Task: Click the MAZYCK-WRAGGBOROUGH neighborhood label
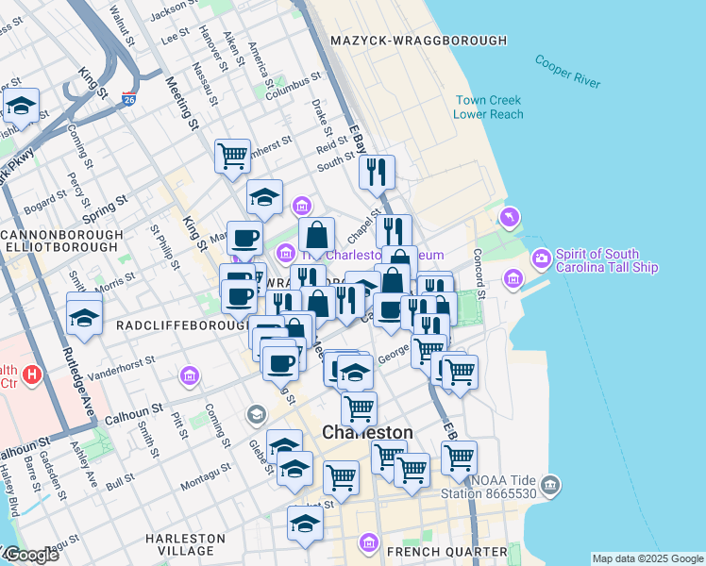pos(419,41)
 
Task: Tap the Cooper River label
pos(567,72)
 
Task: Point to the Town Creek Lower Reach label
pos(488,107)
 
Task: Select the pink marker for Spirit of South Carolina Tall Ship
pos(541,257)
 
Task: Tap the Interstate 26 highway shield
pos(129,98)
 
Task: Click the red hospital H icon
pos(33,375)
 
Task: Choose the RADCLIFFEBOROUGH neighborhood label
pos(176,325)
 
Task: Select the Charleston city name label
pos(367,432)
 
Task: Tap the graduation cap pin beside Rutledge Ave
pos(84,315)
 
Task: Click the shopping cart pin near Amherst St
pos(232,156)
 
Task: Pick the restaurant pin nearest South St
pos(377,172)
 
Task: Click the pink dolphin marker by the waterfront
pos(511,218)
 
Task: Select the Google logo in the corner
pos(31,555)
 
